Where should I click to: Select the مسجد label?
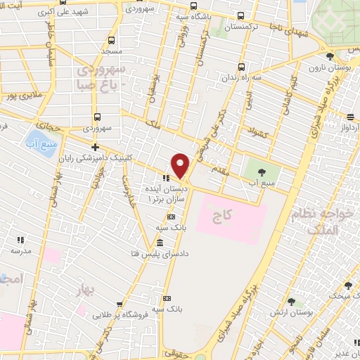coord(111,52)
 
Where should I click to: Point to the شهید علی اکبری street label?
coord(83,13)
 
